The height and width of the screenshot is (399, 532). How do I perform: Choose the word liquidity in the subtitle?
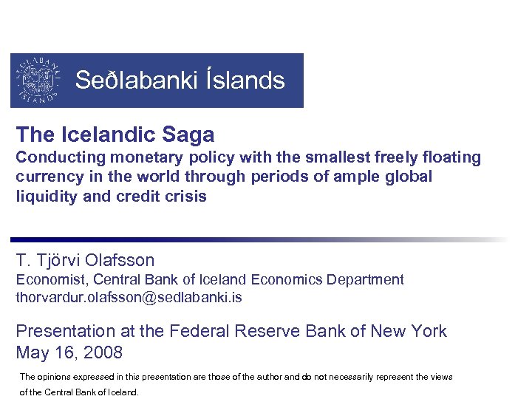45,197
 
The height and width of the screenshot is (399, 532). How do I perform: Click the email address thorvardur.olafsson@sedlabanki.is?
129,298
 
